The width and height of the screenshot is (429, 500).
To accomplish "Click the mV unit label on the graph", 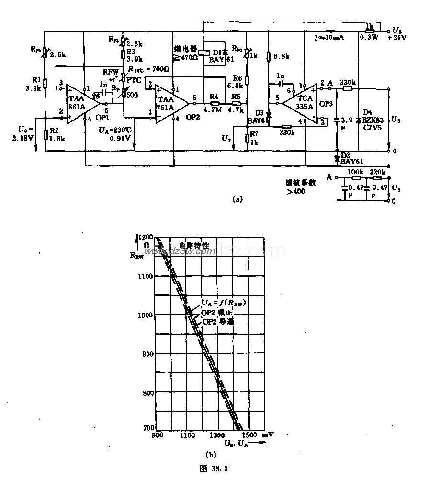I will pyautogui.click(x=268, y=435).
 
